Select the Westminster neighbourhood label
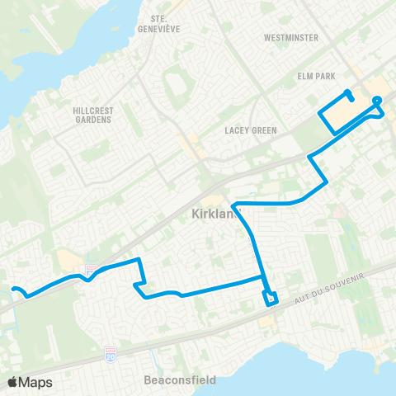pyautogui.click(x=290, y=38)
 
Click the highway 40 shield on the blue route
pyautogui.click(x=92, y=270)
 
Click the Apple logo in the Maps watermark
pyautogui.click(x=13, y=382)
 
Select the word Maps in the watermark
pyautogui.click(x=36, y=382)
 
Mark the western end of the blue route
pyautogui.click(x=13, y=288)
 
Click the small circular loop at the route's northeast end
pyautogui.click(x=378, y=101)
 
